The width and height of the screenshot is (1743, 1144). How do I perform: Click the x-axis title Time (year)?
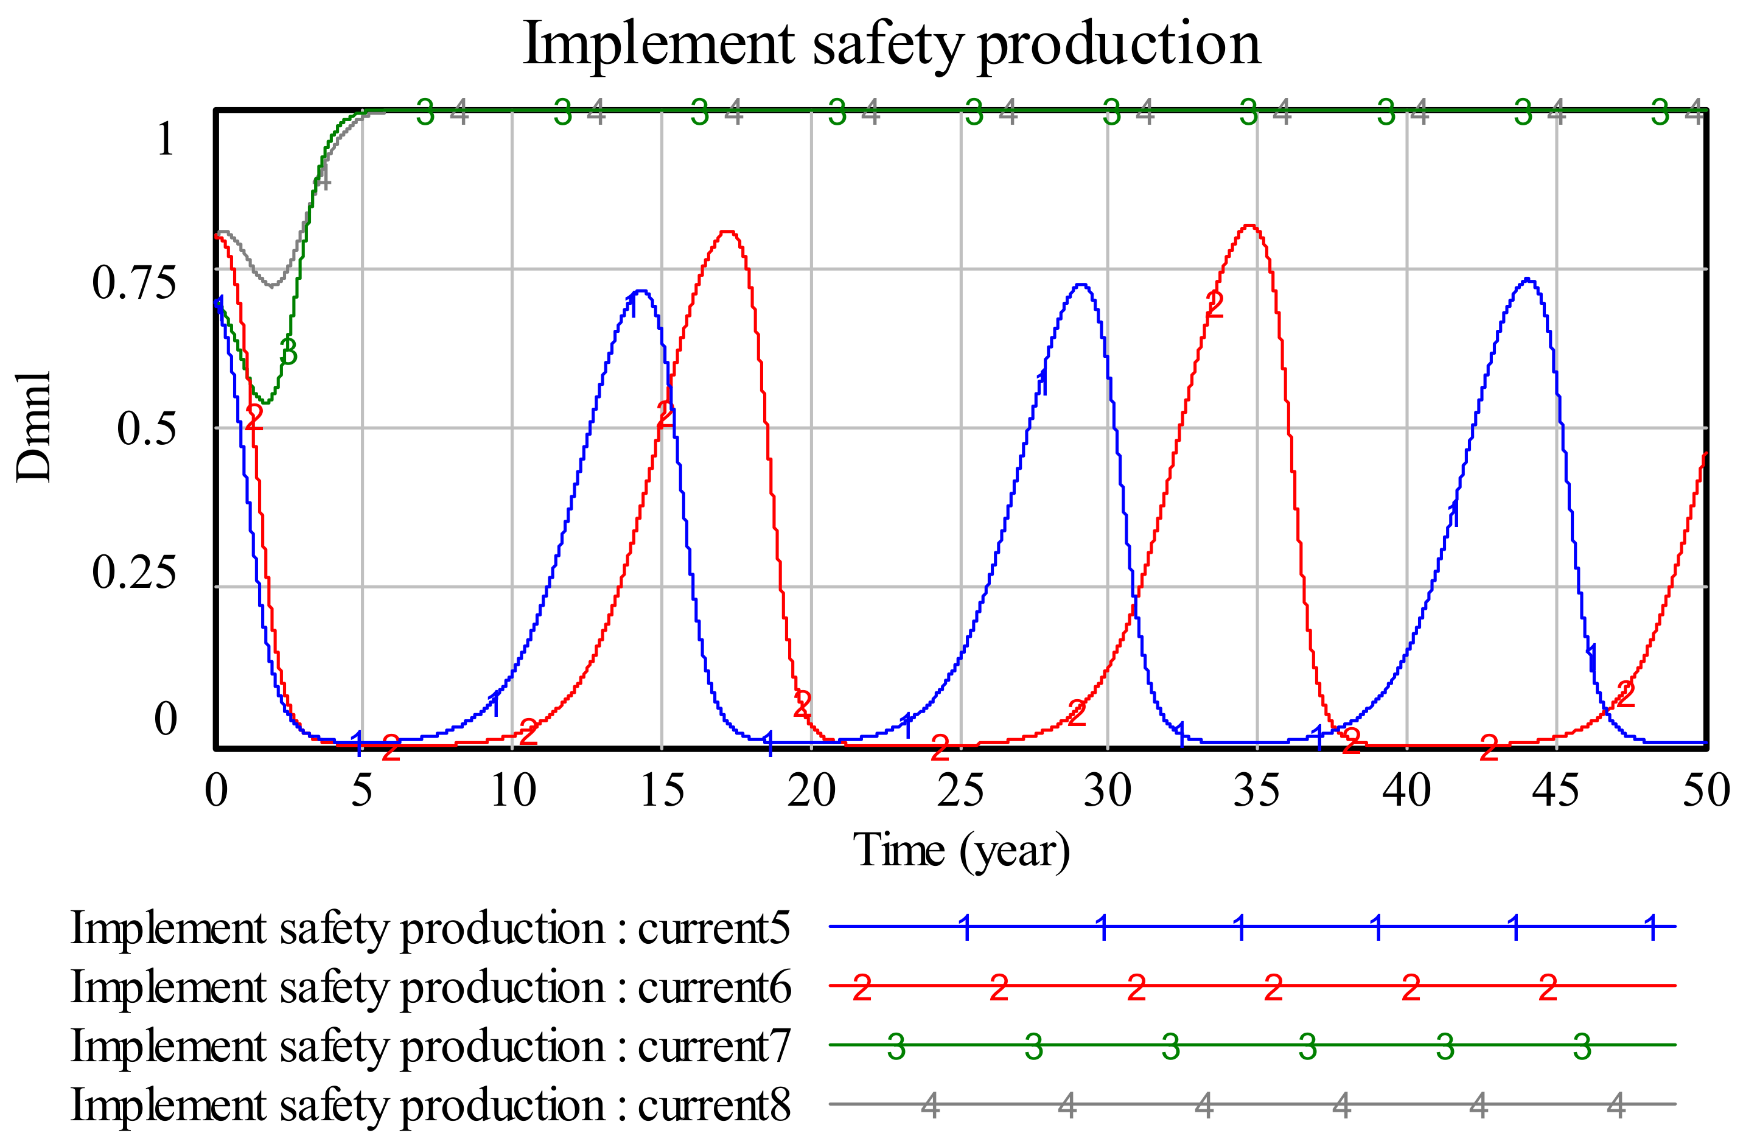[961, 851]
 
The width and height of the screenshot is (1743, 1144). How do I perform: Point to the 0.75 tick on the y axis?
[134, 283]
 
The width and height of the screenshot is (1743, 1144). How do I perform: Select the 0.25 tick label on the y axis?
[134, 572]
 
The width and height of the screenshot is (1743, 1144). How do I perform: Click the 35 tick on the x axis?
[1257, 791]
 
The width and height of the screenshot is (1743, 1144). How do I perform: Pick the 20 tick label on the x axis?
[811, 791]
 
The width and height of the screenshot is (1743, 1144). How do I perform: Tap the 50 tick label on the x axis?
[1705, 791]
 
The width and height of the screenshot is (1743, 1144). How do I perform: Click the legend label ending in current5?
[430, 929]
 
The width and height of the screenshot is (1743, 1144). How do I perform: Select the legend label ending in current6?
[430, 987]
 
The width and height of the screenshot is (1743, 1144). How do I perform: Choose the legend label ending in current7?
[430, 1046]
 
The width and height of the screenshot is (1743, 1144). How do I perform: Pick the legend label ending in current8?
[430, 1104]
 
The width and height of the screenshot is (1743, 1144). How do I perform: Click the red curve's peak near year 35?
[1250, 226]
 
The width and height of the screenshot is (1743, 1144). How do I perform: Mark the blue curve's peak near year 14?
[641, 291]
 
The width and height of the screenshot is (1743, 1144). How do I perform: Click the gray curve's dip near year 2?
[271, 285]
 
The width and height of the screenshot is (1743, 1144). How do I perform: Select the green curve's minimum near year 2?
[267, 402]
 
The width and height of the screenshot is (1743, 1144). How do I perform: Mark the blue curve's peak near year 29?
[1081, 284]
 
